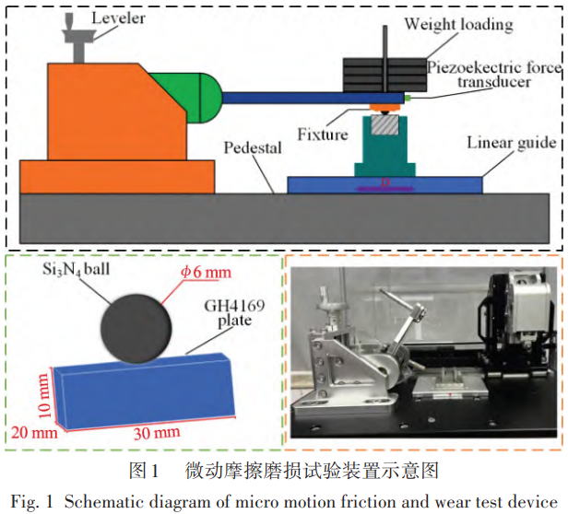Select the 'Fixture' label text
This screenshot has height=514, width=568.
pyautogui.click(x=323, y=134)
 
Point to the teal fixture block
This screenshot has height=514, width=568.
pyautogui.click(x=383, y=147)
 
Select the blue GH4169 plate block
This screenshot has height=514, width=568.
pyautogui.click(x=148, y=387)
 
